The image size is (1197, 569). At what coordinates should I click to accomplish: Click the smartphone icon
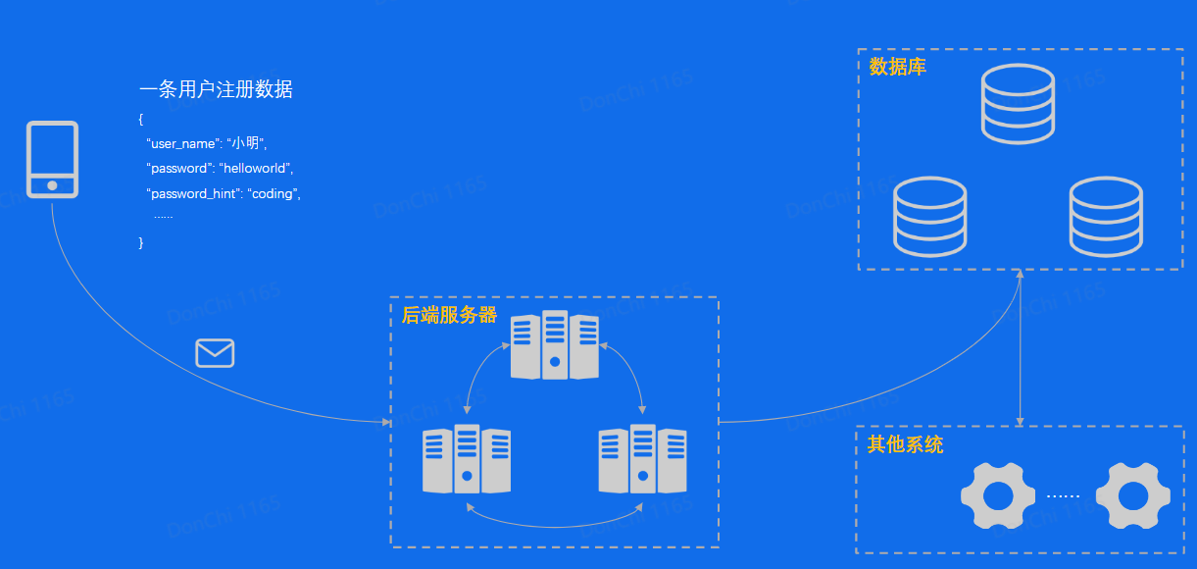[x=52, y=160]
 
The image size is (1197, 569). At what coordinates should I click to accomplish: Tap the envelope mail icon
[x=215, y=352]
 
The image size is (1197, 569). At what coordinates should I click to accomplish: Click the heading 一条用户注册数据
[x=216, y=90]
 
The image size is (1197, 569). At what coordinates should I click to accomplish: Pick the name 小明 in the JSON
[x=246, y=143]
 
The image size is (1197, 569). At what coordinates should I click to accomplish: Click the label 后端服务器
[x=449, y=316]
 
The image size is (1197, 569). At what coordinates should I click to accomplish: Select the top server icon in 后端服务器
[x=555, y=345]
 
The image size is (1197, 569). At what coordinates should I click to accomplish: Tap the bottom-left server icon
[x=467, y=459]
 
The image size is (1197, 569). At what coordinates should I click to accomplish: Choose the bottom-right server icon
[x=643, y=459]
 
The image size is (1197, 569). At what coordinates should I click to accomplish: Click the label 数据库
[x=897, y=68]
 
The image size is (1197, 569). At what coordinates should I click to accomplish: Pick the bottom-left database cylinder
[x=930, y=217]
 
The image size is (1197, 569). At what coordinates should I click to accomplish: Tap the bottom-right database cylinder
[x=1106, y=217]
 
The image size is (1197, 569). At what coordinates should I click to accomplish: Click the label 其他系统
[x=905, y=444]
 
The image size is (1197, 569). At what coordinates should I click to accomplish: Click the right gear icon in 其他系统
[x=1133, y=496]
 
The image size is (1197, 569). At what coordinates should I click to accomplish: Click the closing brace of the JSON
[x=141, y=242]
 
